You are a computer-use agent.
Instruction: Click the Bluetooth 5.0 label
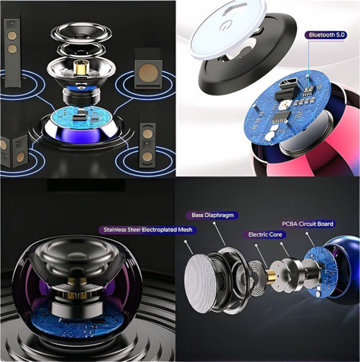pos(325,35)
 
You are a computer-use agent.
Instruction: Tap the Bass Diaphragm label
pos(212,215)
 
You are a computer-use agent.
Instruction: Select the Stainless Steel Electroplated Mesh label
pos(148,230)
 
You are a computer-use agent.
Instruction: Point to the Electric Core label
pos(265,234)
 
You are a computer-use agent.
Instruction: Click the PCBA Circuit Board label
pos(307,224)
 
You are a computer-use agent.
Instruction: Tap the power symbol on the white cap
pos(222,26)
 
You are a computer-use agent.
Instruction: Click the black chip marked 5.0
pos(308,91)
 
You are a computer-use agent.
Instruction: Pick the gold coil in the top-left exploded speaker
pos(80,68)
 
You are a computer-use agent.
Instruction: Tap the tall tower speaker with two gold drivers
pos(12,52)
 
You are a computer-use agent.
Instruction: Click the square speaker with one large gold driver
pos(148,71)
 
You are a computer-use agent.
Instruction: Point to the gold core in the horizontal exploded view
pos(270,276)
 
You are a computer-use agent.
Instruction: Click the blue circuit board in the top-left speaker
pos(82,116)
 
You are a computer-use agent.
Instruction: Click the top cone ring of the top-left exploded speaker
pos(82,32)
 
